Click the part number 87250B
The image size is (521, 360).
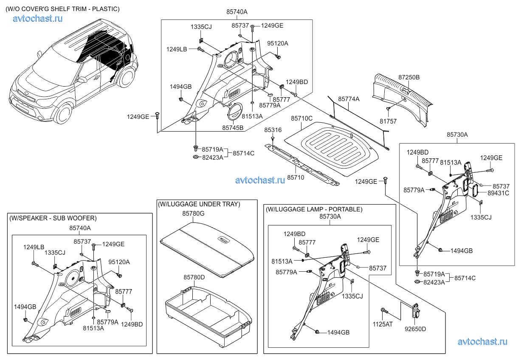(408, 78)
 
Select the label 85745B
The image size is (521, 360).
(232, 127)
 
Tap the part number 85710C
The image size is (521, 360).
(301, 119)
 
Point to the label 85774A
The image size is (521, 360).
(349, 99)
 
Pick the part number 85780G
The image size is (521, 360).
(194, 214)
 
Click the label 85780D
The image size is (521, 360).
(194, 277)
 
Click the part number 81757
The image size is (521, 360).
(388, 121)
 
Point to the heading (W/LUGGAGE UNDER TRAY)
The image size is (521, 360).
(199, 204)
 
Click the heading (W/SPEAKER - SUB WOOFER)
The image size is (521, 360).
(53, 218)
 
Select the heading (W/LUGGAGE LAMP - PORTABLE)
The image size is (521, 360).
(314, 209)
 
